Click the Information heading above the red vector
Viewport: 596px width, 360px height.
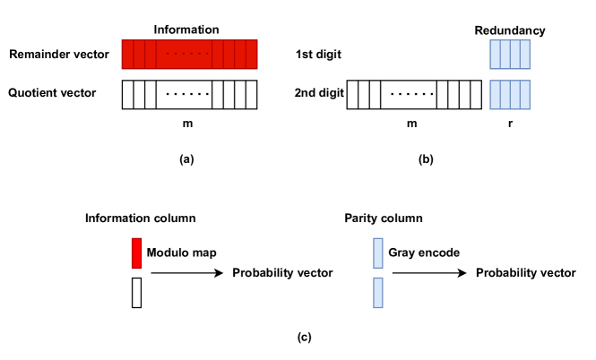[186, 30]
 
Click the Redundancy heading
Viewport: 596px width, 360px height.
[509, 30]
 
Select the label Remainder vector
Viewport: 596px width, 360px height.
[58, 56]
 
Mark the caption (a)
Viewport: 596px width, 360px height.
[186, 159]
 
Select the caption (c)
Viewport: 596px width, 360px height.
[305, 337]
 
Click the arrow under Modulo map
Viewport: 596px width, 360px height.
[186, 271]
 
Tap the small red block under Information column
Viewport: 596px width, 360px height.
[137, 253]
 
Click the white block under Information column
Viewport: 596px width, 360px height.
[137, 292]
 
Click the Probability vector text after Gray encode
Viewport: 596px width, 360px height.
[525, 271]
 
